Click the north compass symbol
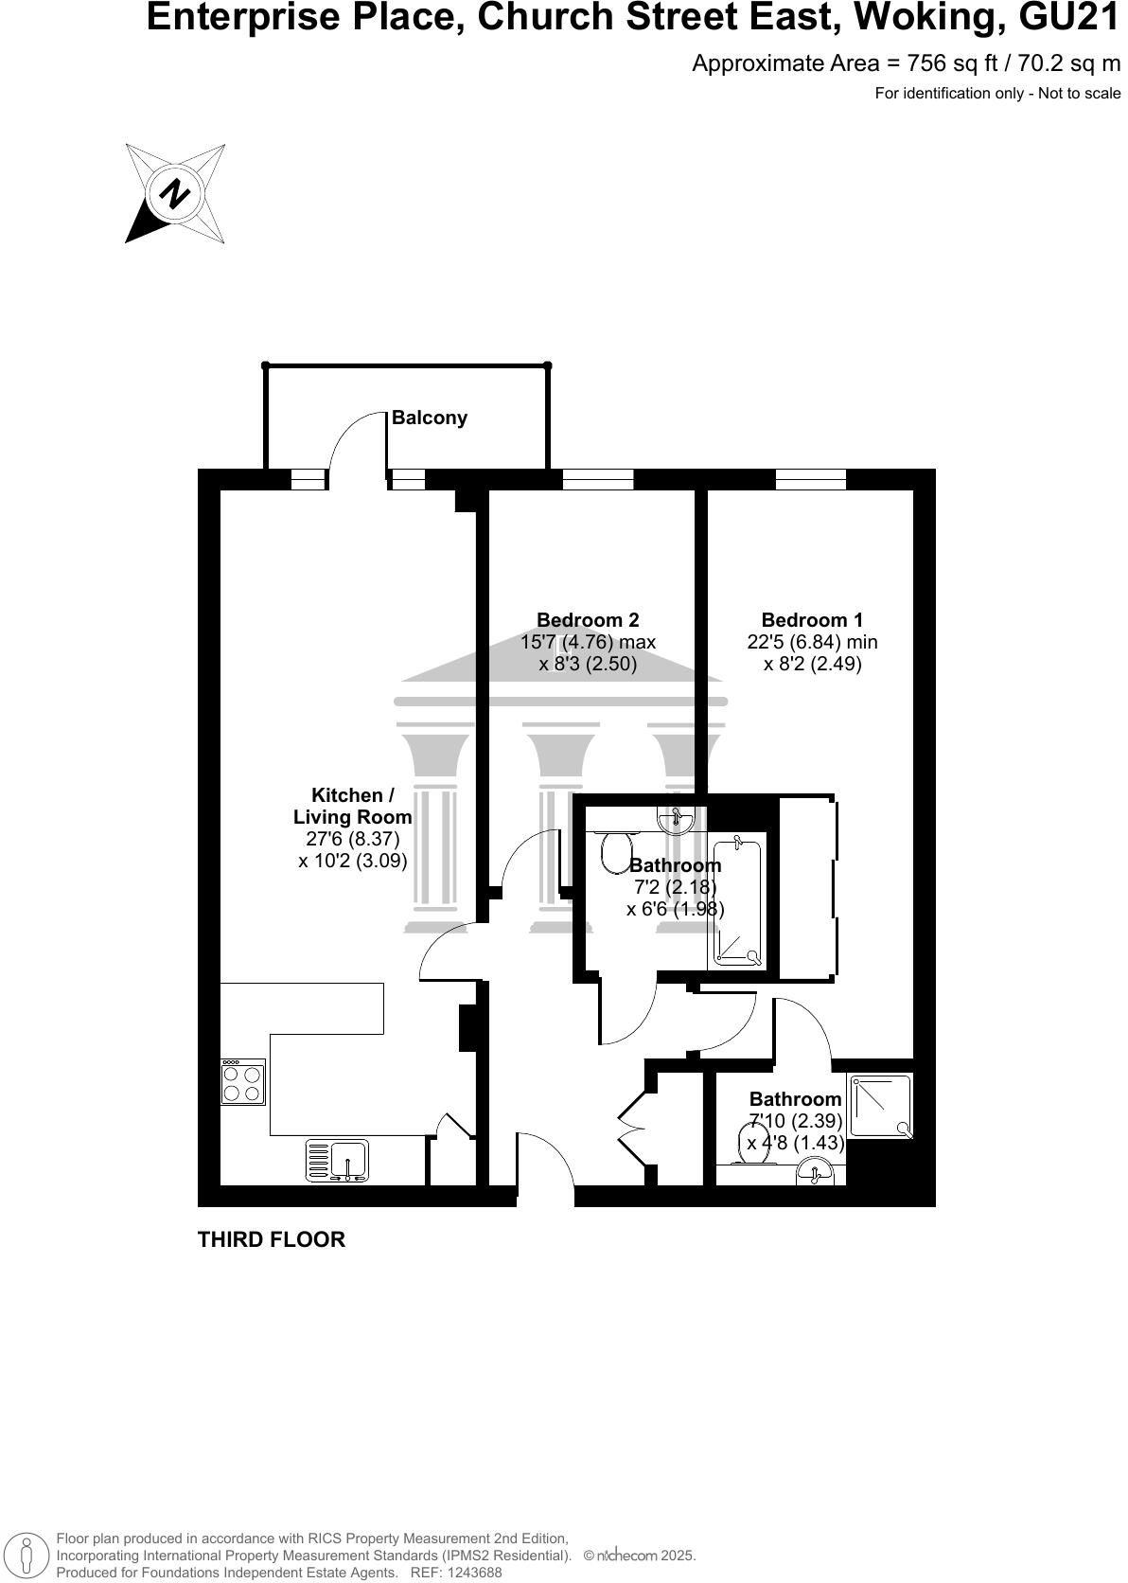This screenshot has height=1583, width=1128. pos(175,194)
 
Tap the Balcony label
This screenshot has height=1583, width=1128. pos(430,418)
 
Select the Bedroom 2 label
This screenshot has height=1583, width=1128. pos(588,620)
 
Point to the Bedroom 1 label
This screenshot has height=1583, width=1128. pos(812,620)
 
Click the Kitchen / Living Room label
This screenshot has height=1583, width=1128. pos(352,806)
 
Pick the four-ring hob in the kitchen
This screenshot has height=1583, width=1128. pos(242,1082)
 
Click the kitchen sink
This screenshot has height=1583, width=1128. pos(338,1162)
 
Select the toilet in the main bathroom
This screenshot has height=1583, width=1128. pos(617,848)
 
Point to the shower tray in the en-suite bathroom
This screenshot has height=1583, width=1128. pos(880,1106)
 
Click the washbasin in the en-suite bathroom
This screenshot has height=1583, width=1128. pos(816,1174)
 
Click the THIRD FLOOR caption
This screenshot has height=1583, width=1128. pos(272,1239)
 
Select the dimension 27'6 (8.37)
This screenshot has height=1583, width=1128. pos(353,839)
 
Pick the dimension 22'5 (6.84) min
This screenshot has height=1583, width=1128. pos(812,642)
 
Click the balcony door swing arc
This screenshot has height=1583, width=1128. pos(356,440)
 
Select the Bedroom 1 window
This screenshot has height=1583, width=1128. pos(811,479)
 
